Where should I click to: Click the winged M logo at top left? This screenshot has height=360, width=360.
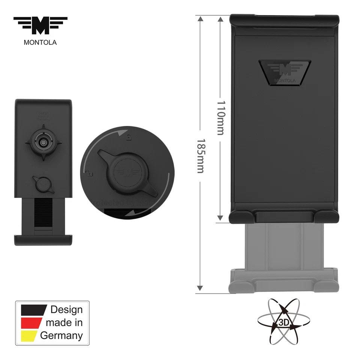pos(40,26)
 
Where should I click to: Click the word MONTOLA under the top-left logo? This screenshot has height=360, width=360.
pos(40,42)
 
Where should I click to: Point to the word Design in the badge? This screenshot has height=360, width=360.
pos(66,310)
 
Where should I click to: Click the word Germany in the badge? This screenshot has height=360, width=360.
pos(61,335)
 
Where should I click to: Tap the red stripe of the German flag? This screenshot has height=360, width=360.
pos(32,322)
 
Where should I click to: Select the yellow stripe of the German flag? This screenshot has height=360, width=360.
pos(30,335)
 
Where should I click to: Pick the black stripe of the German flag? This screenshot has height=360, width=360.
pos(34,310)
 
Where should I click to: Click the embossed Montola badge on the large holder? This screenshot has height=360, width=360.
pos(285,71)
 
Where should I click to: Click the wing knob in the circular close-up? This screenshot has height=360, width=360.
pos(127,171)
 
